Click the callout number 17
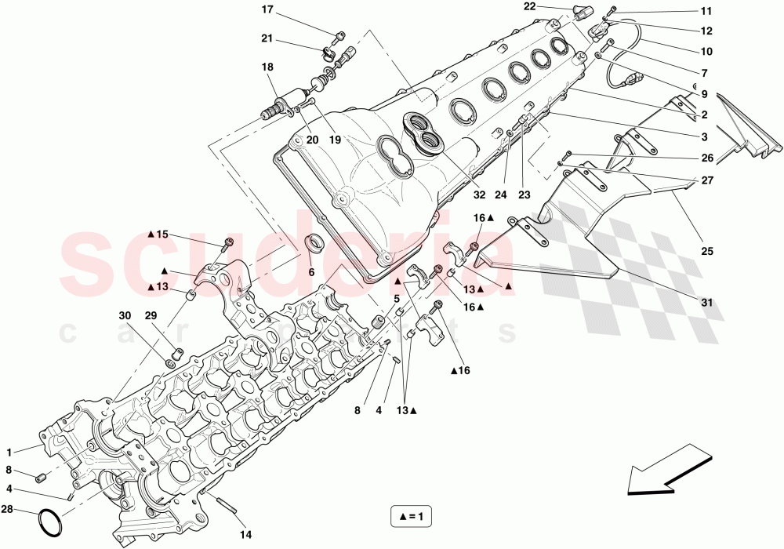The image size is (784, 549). (267, 10)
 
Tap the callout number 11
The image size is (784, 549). (706, 11)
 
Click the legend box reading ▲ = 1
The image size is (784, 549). (413, 518)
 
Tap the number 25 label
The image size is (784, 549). (706, 252)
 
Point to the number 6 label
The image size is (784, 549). (311, 272)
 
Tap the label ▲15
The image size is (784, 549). (157, 235)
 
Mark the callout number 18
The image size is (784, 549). (267, 67)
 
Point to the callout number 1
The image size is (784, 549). (9, 452)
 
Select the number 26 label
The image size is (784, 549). (706, 158)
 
